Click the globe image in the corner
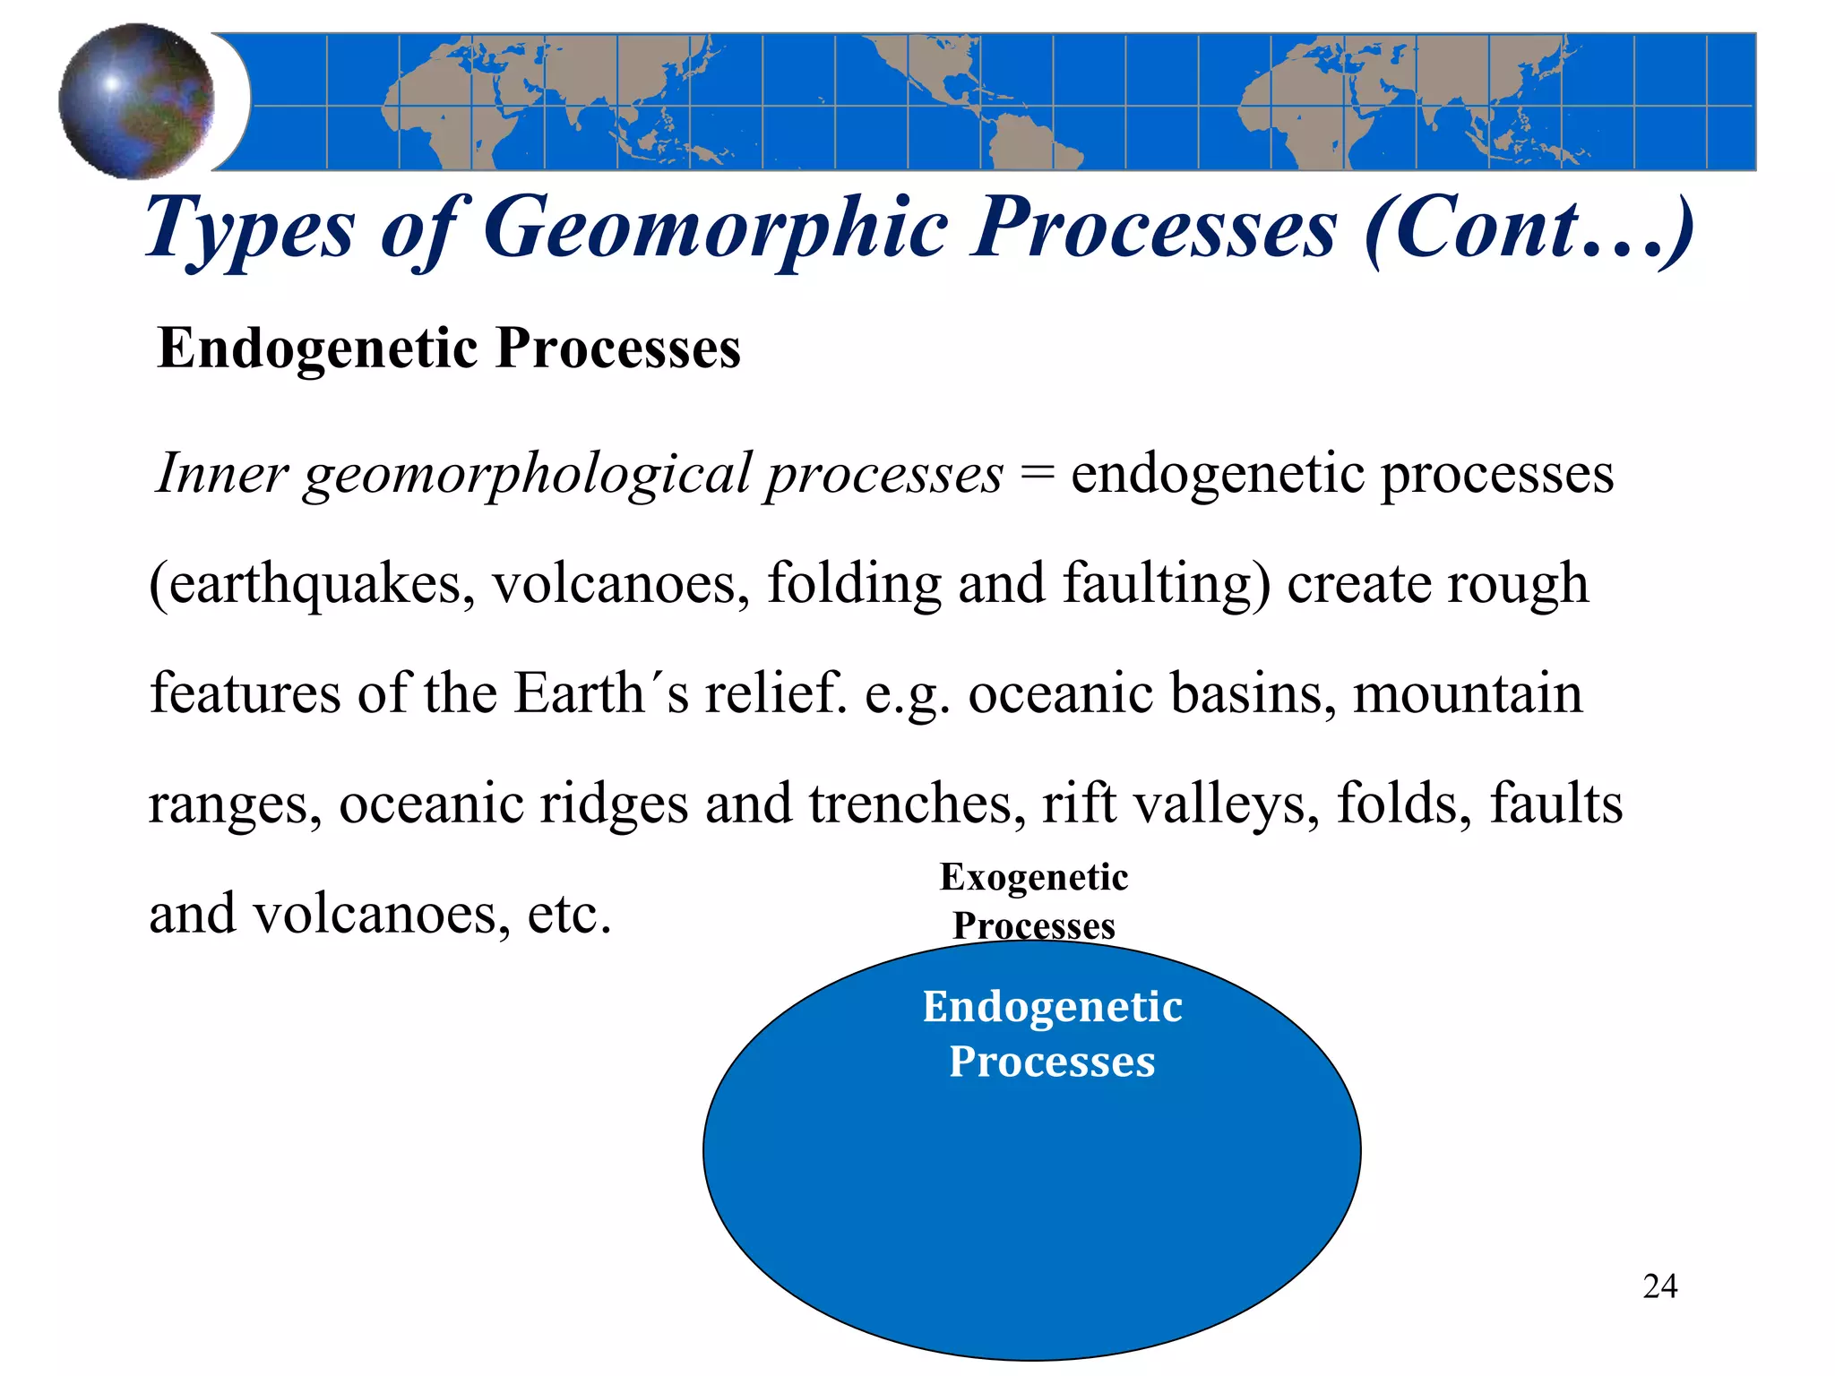coord(136,101)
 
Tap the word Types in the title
coord(250,229)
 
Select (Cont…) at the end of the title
coord(1529,229)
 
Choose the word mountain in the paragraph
coord(1468,693)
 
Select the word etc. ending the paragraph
coord(569,915)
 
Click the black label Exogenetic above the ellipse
coord(1033,877)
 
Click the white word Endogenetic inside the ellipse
coord(1052,1007)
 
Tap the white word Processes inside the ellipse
coord(1052,1062)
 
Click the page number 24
coord(1659,1286)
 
